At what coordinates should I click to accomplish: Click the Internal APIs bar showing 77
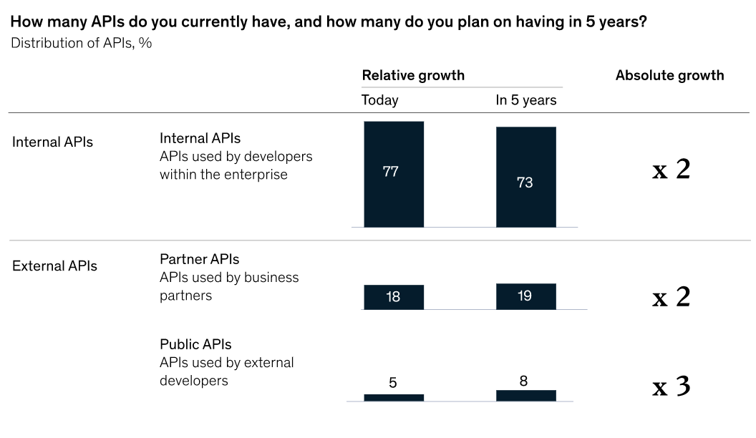click(x=394, y=174)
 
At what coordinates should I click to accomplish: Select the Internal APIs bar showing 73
click(x=525, y=177)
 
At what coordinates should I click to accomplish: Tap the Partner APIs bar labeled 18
click(x=394, y=297)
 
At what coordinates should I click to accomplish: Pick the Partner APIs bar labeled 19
click(x=525, y=296)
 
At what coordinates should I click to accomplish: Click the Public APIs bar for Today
click(x=394, y=397)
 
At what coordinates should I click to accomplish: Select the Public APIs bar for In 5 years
click(x=525, y=395)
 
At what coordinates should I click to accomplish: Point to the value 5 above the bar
click(x=393, y=383)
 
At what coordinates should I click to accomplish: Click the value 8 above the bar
click(x=524, y=381)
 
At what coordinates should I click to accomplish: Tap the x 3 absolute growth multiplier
click(x=671, y=387)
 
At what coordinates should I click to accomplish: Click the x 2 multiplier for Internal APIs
click(x=671, y=170)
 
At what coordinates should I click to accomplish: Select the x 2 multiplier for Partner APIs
click(x=671, y=297)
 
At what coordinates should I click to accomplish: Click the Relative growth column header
click(x=413, y=75)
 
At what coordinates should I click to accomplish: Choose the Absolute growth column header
click(x=669, y=75)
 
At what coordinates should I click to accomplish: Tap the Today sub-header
click(x=379, y=100)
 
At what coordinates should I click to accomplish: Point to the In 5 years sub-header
click(x=525, y=100)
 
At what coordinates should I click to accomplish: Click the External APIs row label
click(x=54, y=266)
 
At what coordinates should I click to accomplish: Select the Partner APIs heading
click(x=199, y=259)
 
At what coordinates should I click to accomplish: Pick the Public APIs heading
click(x=195, y=344)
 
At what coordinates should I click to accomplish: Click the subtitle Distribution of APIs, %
click(x=81, y=43)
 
